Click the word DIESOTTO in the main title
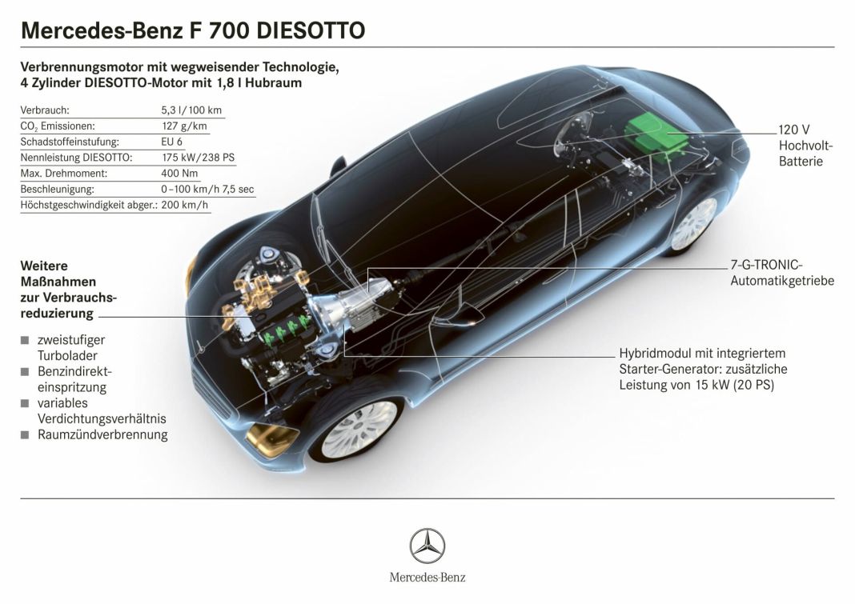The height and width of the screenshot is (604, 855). click(x=311, y=30)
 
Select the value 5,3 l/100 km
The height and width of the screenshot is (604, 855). click(x=191, y=110)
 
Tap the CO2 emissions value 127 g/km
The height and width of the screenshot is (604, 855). click(x=184, y=126)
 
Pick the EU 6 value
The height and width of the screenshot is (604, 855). click(x=172, y=142)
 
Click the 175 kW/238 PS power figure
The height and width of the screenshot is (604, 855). click(x=199, y=158)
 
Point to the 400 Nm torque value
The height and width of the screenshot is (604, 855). click(x=179, y=174)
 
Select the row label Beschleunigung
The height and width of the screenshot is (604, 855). click(x=58, y=189)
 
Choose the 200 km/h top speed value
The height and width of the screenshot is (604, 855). click(x=185, y=205)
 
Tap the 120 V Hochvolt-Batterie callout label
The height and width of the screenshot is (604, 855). click(x=805, y=146)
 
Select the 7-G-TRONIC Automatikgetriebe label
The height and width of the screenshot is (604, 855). click(x=782, y=273)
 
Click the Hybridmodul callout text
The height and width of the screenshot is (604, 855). click(x=703, y=369)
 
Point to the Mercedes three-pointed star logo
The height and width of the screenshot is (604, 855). click(x=427, y=546)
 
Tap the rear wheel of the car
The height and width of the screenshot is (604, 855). click(x=693, y=224)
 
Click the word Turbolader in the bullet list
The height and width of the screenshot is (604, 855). click(x=67, y=355)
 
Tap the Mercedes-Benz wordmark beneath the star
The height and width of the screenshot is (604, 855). click(x=427, y=578)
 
